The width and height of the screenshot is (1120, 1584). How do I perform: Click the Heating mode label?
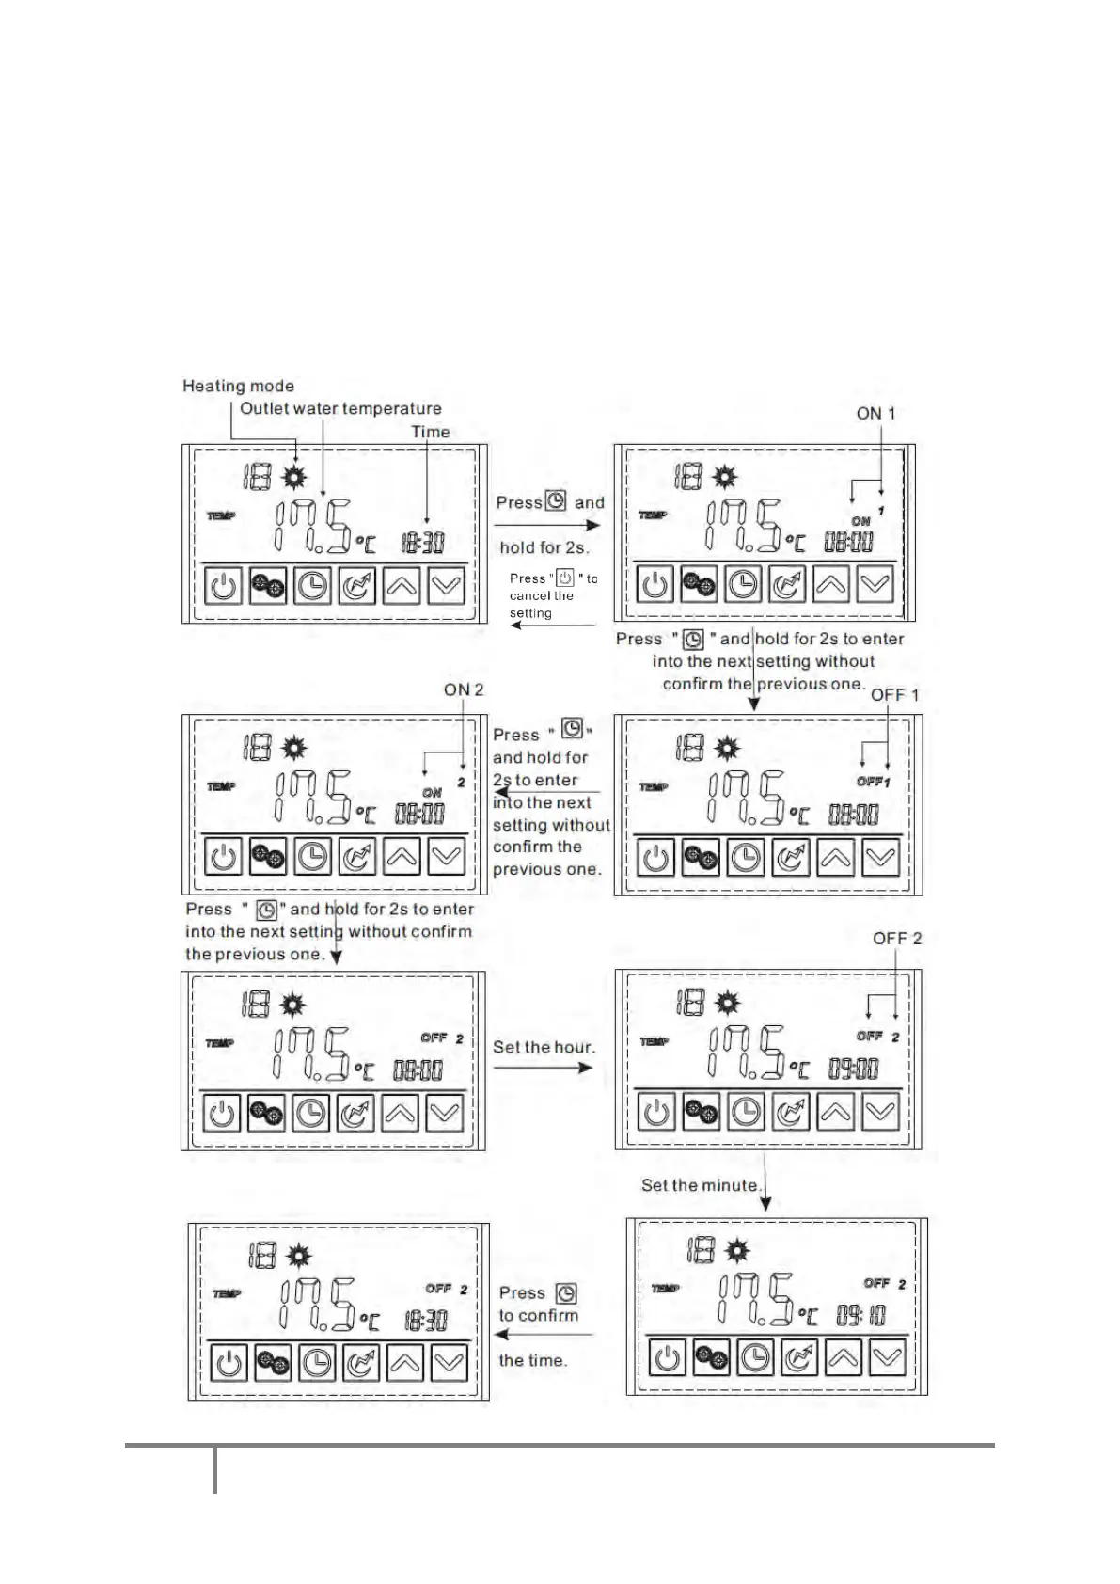click(x=238, y=386)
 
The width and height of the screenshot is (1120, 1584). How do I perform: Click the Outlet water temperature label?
click(x=340, y=408)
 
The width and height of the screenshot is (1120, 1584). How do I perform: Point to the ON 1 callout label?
click(x=875, y=413)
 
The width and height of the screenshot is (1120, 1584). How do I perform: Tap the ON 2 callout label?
click(x=464, y=689)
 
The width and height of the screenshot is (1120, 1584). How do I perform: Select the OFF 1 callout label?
click(x=894, y=694)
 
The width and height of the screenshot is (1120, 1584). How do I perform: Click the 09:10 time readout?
click(x=860, y=1314)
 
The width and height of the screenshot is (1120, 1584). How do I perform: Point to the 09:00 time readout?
click(x=853, y=1068)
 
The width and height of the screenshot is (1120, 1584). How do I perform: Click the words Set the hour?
click(x=544, y=1047)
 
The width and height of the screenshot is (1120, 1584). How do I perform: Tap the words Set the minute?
click(x=701, y=1185)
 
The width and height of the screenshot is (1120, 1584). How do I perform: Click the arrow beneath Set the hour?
click(x=544, y=1068)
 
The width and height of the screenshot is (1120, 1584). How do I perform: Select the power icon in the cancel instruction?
click(x=565, y=578)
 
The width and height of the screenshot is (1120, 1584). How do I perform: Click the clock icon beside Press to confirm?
click(x=565, y=1293)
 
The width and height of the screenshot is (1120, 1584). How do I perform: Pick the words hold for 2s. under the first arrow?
click(x=544, y=547)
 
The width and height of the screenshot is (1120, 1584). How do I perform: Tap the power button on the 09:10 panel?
click(x=667, y=1358)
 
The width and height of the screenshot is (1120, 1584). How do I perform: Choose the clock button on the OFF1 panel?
click(x=746, y=858)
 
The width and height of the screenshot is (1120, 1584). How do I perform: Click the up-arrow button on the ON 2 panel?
click(x=402, y=857)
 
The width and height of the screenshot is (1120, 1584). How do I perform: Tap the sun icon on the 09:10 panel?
click(x=737, y=1251)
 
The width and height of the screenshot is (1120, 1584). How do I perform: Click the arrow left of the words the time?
click(x=544, y=1335)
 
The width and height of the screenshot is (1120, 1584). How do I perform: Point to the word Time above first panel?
click(x=431, y=432)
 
